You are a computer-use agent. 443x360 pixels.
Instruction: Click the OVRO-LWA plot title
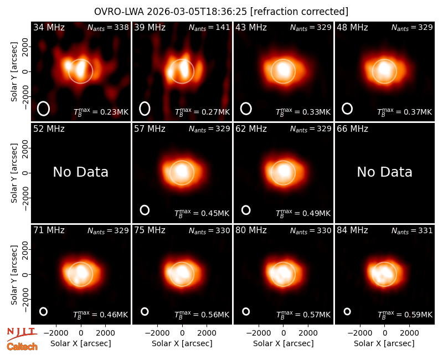click(x=221, y=12)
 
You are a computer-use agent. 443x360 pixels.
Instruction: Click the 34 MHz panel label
click(x=49, y=27)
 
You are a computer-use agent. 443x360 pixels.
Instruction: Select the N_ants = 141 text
click(x=209, y=28)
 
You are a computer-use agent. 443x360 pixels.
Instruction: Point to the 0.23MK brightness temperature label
click(x=101, y=112)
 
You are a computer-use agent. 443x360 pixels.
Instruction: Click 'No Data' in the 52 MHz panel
click(x=80, y=172)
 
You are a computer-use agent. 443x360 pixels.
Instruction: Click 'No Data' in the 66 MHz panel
click(x=384, y=172)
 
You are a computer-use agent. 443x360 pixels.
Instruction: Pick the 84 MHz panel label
click(x=352, y=230)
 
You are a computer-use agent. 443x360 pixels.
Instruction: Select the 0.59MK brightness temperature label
click(x=405, y=315)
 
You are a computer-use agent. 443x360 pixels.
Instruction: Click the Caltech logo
click(x=22, y=347)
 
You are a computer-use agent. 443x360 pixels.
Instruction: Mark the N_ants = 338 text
click(x=108, y=28)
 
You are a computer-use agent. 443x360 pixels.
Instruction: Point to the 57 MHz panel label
click(x=150, y=129)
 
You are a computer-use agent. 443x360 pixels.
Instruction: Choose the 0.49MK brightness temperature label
click(x=303, y=213)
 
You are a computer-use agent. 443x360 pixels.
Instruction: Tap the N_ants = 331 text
click(x=412, y=231)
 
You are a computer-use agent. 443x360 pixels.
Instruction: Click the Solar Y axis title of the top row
click(x=14, y=72)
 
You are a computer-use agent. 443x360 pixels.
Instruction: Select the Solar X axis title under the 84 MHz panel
click(x=384, y=343)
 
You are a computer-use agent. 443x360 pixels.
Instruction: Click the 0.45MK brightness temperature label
click(x=202, y=213)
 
